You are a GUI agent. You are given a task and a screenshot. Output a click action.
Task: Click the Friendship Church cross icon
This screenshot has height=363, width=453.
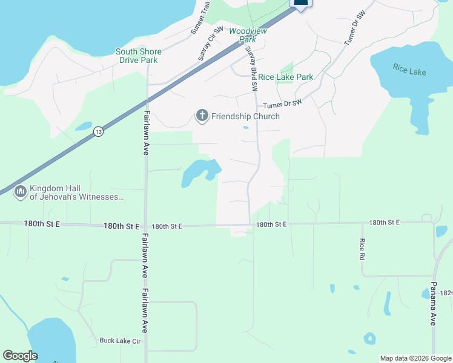tap(202, 116)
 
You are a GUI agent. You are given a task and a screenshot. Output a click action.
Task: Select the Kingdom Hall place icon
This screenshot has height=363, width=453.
tap(20, 192)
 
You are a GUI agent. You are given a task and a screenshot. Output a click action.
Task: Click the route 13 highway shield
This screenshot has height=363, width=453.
tap(98, 131)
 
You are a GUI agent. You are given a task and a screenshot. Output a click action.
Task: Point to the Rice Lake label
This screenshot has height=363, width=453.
tap(409, 72)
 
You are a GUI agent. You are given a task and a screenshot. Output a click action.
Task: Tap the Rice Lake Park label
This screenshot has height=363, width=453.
tap(286, 77)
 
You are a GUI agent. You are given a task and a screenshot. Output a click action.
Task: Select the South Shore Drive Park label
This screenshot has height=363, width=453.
tap(137, 56)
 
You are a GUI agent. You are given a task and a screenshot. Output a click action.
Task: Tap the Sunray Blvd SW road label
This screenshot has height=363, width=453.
tap(251, 68)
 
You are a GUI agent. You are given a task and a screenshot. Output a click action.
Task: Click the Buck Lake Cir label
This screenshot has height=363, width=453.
tap(120, 341)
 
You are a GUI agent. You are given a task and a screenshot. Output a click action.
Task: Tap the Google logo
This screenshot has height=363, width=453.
tap(20, 356)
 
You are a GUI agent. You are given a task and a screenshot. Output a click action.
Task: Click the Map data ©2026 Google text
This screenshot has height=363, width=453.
tap(415, 358)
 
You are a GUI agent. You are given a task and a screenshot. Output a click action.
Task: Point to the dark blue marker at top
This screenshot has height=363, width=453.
tap(301, 4)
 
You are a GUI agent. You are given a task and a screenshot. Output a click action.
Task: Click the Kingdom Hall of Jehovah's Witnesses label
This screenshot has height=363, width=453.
tap(76, 192)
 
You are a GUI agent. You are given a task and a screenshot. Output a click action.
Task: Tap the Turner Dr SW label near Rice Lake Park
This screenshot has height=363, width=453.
tap(282, 104)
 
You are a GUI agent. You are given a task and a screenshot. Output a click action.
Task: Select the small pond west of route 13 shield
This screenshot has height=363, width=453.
tap(83, 126)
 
